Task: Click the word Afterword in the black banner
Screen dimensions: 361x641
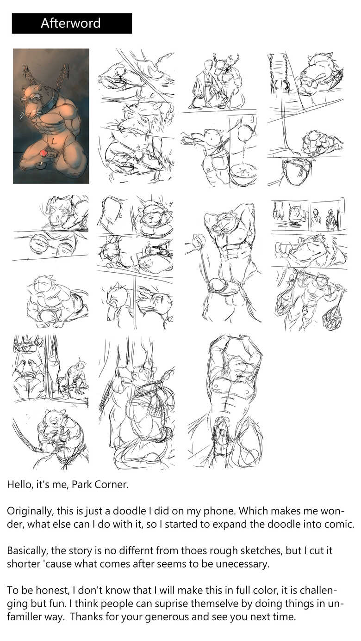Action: click(70, 23)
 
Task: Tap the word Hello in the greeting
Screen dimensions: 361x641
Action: click(19, 484)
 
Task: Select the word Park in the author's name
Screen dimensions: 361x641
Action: click(81, 484)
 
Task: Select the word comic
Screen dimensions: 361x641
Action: click(339, 524)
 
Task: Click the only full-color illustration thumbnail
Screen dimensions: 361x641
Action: click(51, 116)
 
